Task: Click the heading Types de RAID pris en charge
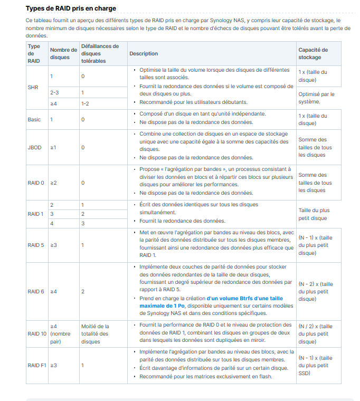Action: pyautogui.click(x=71, y=8)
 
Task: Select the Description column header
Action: pyautogui.click(x=144, y=53)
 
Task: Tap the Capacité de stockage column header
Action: pyautogui.click(x=313, y=53)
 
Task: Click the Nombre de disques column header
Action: pyautogui.click(x=63, y=53)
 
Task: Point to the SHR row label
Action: pyautogui.click(x=33, y=87)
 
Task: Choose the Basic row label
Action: pyautogui.click(x=34, y=120)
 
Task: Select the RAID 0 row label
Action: pyautogui.click(x=35, y=183)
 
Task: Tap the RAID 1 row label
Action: pyautogui.click(x=35, y=214)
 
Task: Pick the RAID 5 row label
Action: pyautogui.click(x=35, y=245)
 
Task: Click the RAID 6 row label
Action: pyautogui.click(x=35, y=291)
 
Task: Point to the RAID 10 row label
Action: pyautogui.click(x=37, y=333)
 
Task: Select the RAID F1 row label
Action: pyautogui.click(x=37, y=365)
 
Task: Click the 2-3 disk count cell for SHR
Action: pyautogui.click(x=54, y=92)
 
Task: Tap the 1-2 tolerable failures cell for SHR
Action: pyautogui.click(x=85, y=103)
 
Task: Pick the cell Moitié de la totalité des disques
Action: pyautogui.click(x=95, y=333)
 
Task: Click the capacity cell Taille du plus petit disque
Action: pyautogui.click(x=313, y=214)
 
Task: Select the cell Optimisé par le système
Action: pyautogui.click(x=316, y=98)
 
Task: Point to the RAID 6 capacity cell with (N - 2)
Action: pyautogui.click(x=316, y=291)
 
